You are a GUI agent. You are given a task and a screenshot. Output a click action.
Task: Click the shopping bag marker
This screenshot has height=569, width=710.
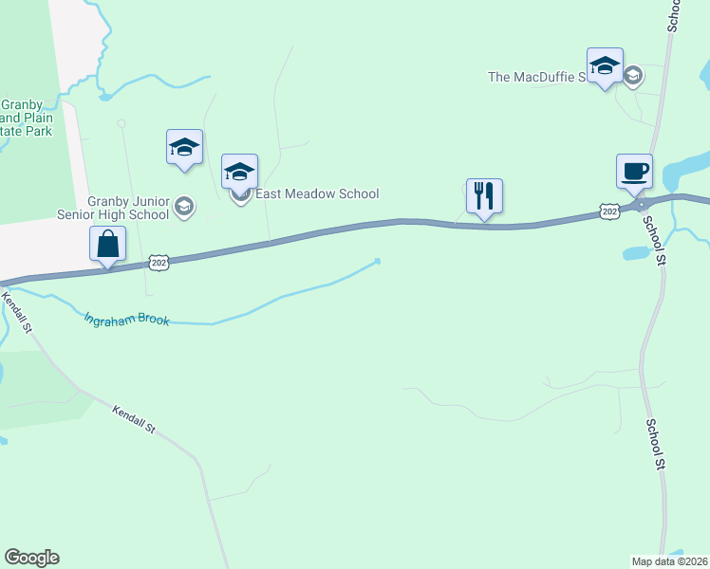[x=108, y=244]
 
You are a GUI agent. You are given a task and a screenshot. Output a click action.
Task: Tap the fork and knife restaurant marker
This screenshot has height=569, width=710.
[x=484, y=196]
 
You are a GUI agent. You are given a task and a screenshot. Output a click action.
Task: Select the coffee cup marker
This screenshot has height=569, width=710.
[x=634, y=172]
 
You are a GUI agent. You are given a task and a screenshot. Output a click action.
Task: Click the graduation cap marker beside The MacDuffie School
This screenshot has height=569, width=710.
[x=605, y=65]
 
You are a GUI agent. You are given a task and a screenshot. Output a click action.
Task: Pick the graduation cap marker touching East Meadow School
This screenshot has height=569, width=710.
[x=239, y=172]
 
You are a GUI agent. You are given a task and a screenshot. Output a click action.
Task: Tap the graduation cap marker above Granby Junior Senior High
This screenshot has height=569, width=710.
[x=184, y=147]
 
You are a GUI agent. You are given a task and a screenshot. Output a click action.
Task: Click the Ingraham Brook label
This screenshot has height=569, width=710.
[x=126, y=320]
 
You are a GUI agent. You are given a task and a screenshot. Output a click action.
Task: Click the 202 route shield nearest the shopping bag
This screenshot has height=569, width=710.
[x=159, y=262]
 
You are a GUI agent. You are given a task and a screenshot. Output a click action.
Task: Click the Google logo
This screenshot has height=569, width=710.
[x=31, y=558]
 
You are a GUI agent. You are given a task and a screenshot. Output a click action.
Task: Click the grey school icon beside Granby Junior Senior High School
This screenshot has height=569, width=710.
[x=185, y=207]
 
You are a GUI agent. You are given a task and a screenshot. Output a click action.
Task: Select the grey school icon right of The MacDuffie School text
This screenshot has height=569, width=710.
[x=634, y=74]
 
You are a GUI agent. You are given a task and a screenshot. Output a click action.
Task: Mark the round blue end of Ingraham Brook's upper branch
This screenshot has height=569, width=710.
[x=378, y=261]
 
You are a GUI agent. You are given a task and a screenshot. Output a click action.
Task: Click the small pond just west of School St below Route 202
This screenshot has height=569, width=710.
[x=634, y=253]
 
